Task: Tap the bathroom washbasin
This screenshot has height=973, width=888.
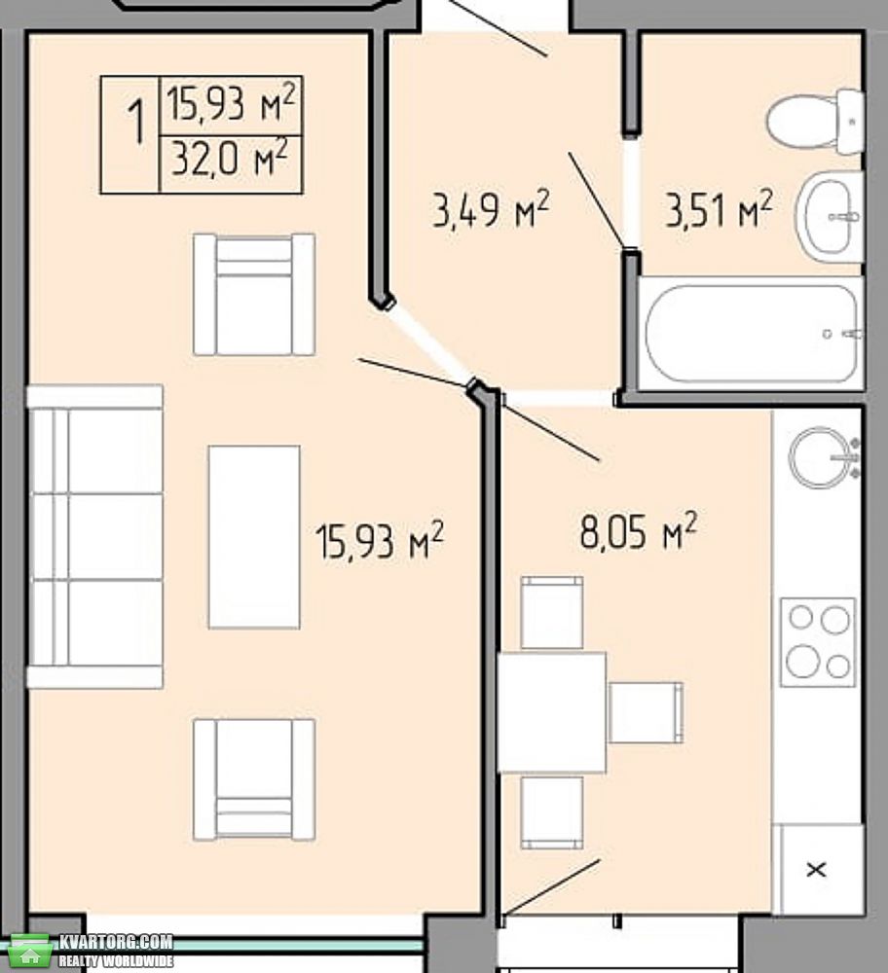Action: (831, 216)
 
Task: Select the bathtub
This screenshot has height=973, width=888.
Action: (751, 334)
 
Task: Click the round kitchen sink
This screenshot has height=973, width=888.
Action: (819, 458)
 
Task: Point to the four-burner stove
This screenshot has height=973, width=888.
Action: (818, 641)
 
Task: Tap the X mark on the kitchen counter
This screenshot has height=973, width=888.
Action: (816, 869)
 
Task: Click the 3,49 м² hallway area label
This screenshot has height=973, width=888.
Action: (491, 209)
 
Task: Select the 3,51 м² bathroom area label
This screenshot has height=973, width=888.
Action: (720, 209)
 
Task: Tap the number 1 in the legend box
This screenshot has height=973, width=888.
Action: (135, 124)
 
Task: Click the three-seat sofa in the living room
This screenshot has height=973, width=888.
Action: (94, 537)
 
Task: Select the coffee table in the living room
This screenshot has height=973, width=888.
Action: (254, 537)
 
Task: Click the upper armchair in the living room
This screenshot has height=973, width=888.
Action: (254, 294)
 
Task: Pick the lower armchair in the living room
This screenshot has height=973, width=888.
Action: (254, 780)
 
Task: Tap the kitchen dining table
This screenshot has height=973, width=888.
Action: (551, 712)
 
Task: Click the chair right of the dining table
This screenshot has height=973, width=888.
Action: (646, 712)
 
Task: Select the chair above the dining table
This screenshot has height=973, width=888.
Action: (552, 612)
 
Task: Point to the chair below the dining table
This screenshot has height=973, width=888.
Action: (552, 812)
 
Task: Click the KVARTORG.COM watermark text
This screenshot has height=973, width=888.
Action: (116, 942)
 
